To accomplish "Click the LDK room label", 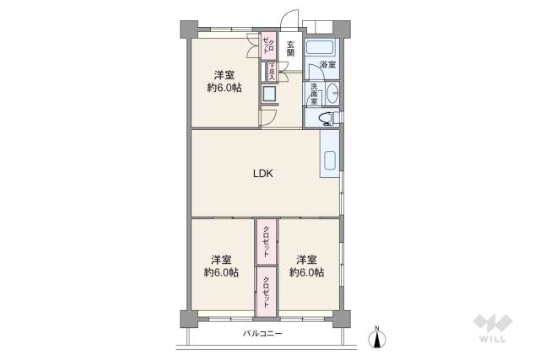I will click(x=264, y=175).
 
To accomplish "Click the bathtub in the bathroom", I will click(x=321, y=46).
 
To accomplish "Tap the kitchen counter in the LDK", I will click(x=330, y=153).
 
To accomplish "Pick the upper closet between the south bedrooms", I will click(x=267, y=241).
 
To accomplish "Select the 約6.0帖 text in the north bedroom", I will click(x=224, y=87).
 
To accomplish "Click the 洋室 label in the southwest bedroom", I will click(x=220, y=259).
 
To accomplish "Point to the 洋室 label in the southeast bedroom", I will click(x=306, y=259).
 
